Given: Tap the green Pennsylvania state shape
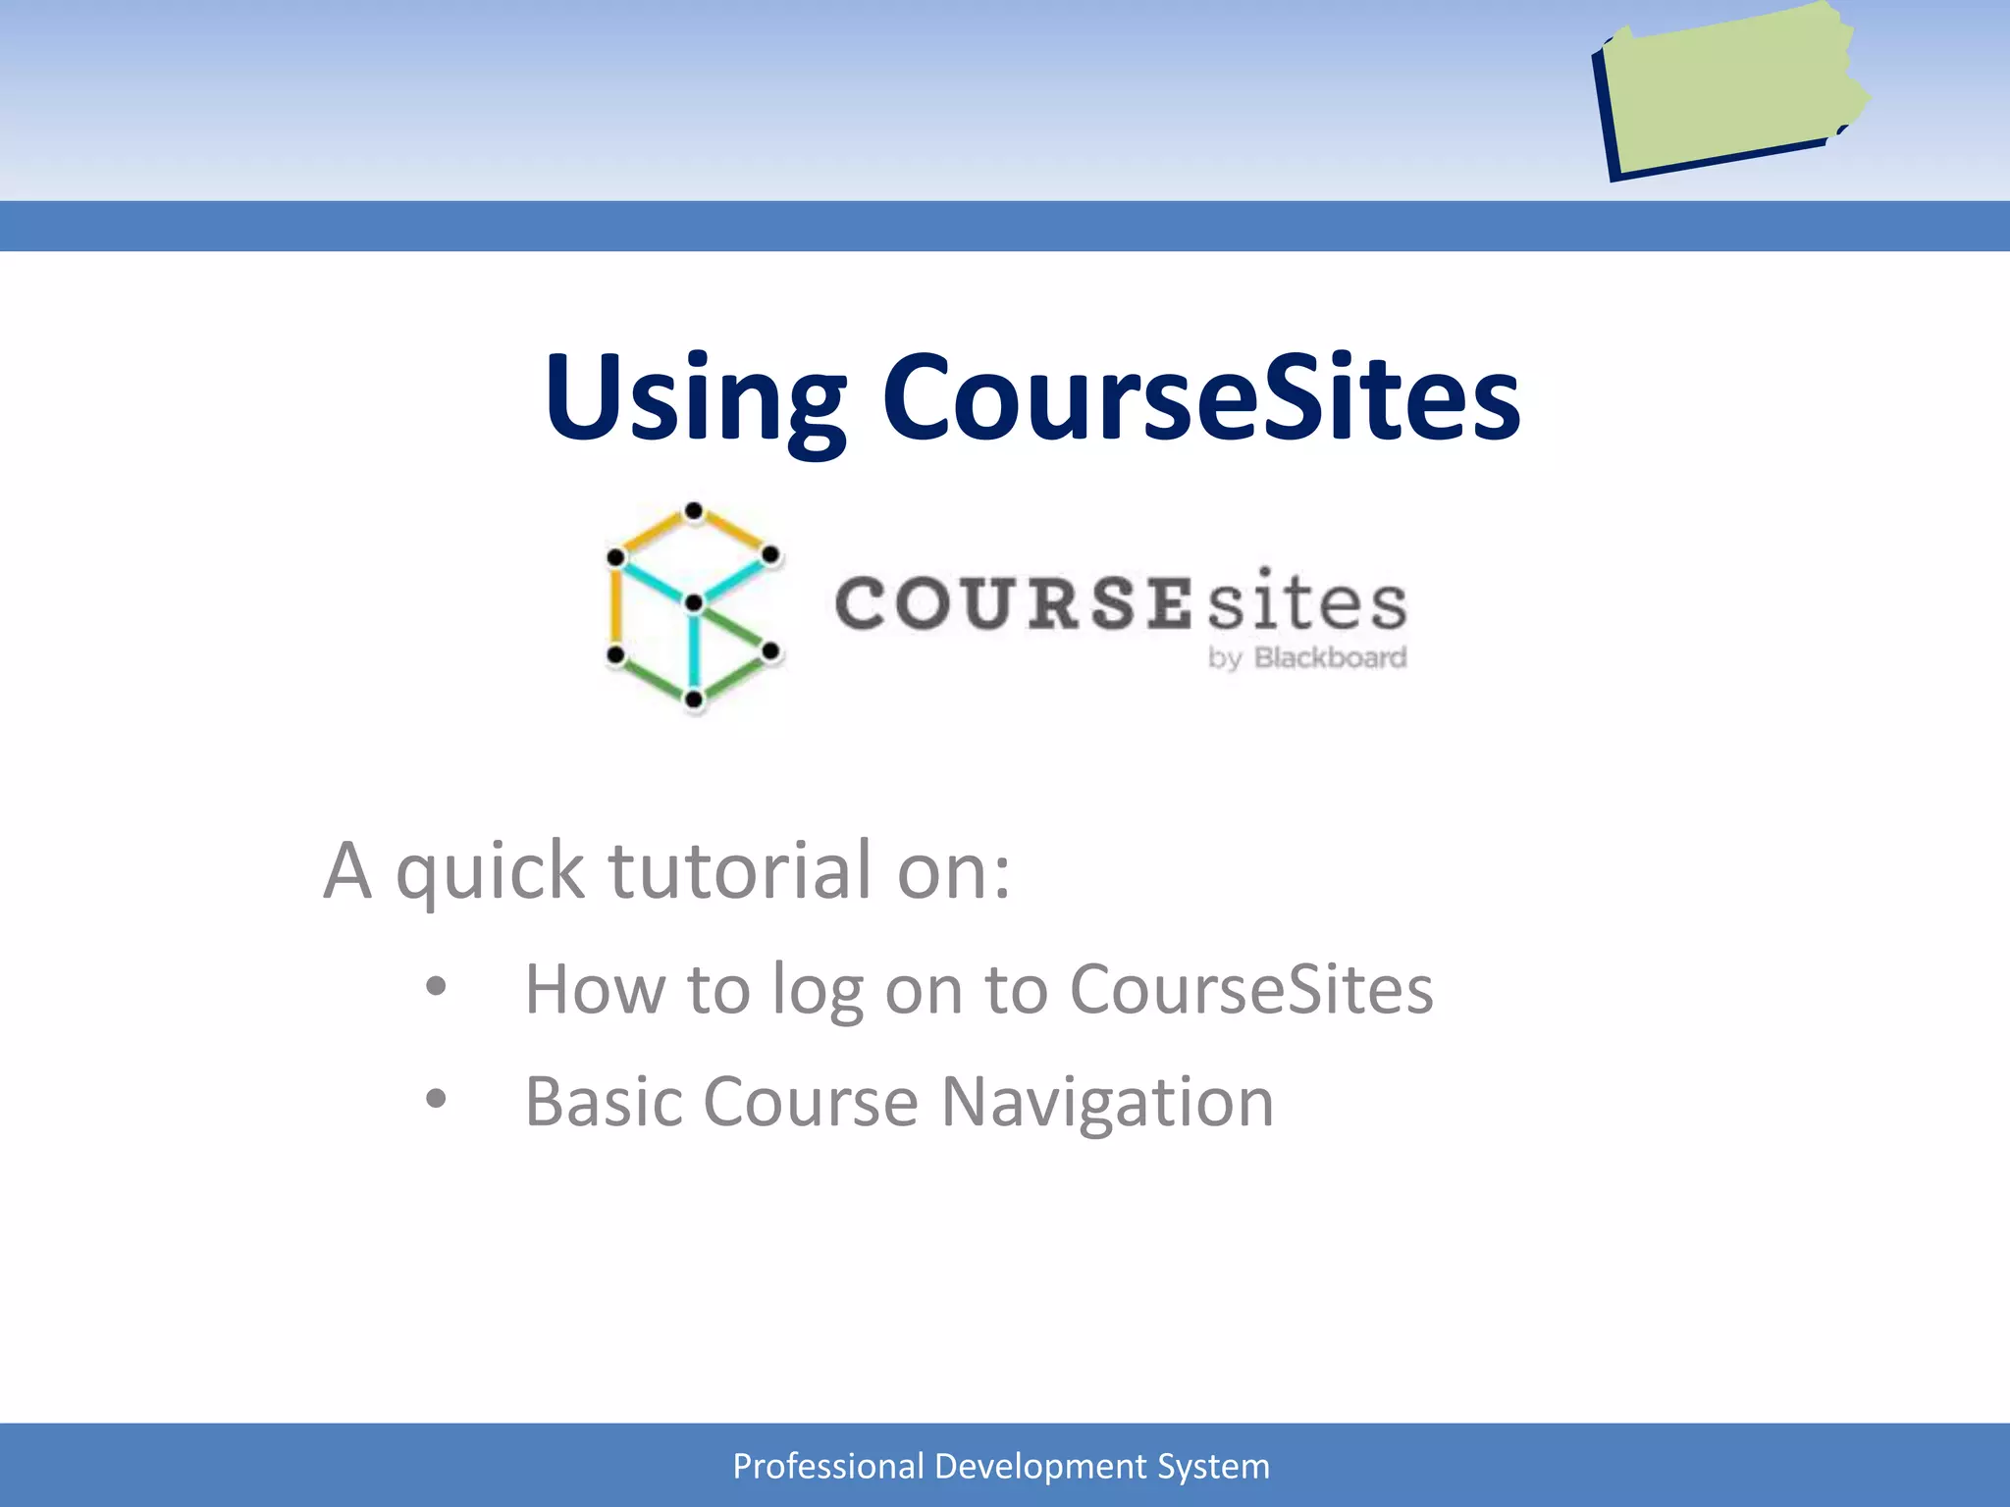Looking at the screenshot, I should pos(1732,93).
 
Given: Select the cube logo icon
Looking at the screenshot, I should pos(693,605).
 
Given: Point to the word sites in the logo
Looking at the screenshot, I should pos(1306,601).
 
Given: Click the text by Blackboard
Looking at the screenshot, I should pos(1307,657).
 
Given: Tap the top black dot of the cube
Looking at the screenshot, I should pos(694,511).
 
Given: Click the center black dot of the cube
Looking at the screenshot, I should pos(694,602).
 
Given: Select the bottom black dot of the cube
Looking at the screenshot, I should pos(694,700).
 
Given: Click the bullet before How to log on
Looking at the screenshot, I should pos(436,987).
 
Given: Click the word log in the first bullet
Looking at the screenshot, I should pos(817,991).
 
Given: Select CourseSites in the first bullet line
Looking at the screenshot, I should pos(1250,989).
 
